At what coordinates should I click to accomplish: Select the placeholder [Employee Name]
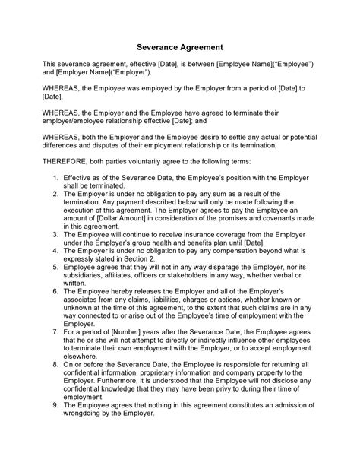[x=242, y=64]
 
